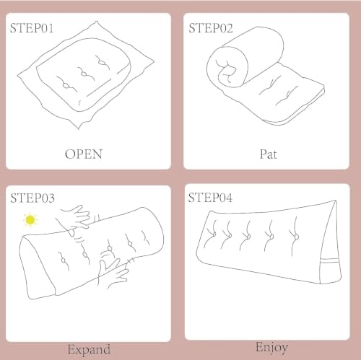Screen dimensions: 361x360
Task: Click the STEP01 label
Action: pyautogui.click(x=32, y=28)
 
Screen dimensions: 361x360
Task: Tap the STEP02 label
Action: pyautogui.click(x=211, y=28)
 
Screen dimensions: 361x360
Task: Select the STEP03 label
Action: pyautogui.click(x=32, y=198)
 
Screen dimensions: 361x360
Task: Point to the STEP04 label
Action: pyautogui.click(x=210, y=198)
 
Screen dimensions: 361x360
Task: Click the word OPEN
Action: pyautogui.click(x=84, y=154)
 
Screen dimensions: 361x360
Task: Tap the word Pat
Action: pyautogui.click(x=268, y=154)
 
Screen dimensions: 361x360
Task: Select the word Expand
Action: pyautogui.click(x=89, y=349)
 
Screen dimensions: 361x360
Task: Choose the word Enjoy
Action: pyautogui.click(x=271, y=348)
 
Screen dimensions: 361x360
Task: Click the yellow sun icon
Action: pyautogui.click(x=30, y=220)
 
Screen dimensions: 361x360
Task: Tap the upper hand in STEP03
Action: pyautogui.click(x=76, y=219)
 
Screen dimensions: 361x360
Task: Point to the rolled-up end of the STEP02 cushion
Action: pyautogui.click(x=227, y=67)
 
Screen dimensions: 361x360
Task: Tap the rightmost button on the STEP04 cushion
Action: pyautogui.click(x=297, y=237)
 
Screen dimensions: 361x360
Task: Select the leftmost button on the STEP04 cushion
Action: pyautogui.click(x=214, y=234)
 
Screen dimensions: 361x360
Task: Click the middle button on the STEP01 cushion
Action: pyautogui.click(x=84, y=74)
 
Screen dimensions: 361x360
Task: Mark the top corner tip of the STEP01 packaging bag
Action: pyautogui.click(x=97, y=22)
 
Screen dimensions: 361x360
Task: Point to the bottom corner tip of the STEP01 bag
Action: pyautogui.click(x=79, y=129)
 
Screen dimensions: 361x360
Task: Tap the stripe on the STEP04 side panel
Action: pyautogui.click(x=330, y=260)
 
